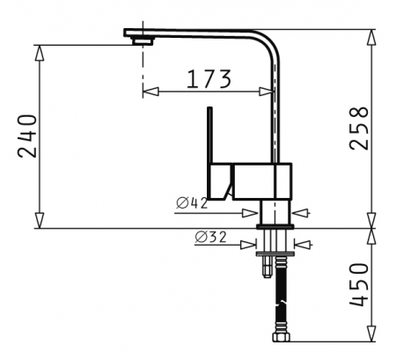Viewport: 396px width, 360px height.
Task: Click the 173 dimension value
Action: (209, 79)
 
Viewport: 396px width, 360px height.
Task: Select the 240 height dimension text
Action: (27, 136)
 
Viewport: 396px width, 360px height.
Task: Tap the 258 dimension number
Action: (358, 129)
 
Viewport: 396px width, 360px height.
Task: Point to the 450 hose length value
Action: (358, 284)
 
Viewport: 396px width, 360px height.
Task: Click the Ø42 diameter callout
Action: (192, 203)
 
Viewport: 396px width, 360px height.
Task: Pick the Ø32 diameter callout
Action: (211, 237)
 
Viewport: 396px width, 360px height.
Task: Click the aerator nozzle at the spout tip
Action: (143, 41)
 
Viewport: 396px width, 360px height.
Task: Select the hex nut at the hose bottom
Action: (282, 337)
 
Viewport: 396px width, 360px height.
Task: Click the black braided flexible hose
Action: (281, 294)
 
